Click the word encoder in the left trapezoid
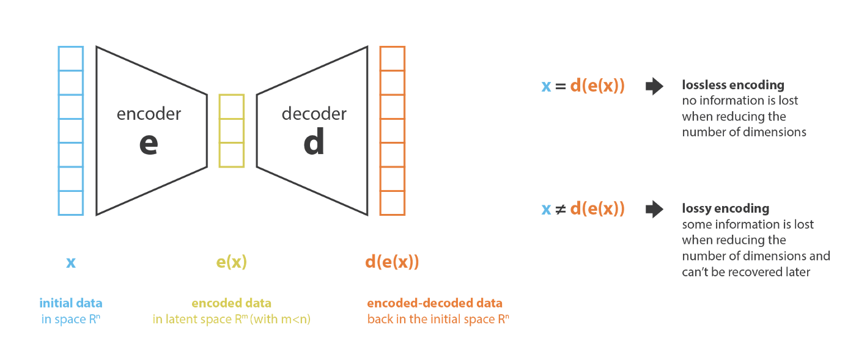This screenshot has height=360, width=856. pyautogui.click(x=149, y=114)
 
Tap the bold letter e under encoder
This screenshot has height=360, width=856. pyautogui.click(x=149, y=144)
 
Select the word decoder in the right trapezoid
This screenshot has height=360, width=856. pyautogui.click(x=314, y=114)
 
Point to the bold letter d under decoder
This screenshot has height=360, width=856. pyautogui.click(x=314, y=141)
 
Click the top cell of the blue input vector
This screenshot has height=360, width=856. pyautogui.click(x=71, y=59)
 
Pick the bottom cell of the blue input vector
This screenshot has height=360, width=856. pyautogui.click(x=71, y=203)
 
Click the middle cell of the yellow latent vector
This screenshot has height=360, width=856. pyautogui.click(x=232, y=131)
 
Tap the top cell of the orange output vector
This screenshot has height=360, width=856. pyautogui.click(x=393, y=59)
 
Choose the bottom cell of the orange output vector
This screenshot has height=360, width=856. pyautogui.click(x=393, y=203)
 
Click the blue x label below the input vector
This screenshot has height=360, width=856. pyautogui.click(x=71, y=263)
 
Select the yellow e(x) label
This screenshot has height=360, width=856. pyautogui.click(x=232, y=262)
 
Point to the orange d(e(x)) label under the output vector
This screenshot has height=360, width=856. pyautogui.click(x=392, y=262)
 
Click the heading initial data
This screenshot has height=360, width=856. pyautogui.click(x=71, y=303)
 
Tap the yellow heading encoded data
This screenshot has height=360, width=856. pyautogui.click(x=232, y=303)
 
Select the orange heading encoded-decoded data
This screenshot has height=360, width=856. pyautogui.click(x=435, y=303)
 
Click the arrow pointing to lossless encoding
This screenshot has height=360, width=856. pyautogui.click(x=654, y=86)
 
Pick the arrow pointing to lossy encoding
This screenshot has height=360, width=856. pyautogui.click(x=654, y=210)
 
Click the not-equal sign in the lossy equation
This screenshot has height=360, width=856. pyautogui.click(x=560, y=210)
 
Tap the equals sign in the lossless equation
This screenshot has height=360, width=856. pyautogui.click(x=560, y=86)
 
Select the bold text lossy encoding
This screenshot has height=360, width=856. pyautogui.click(x=726, y=208)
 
